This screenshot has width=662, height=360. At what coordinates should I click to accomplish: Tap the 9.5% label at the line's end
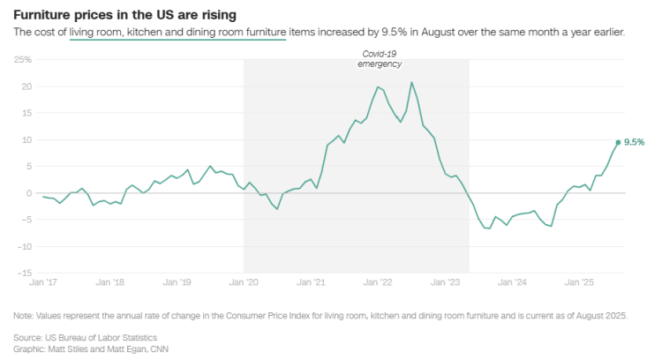pyautogui.click(x=634, y=142)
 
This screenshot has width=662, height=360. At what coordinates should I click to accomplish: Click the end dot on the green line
pyautogui.click(x=618, y=142)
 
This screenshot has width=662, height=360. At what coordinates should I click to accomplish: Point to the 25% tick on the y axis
pyautogui.click(x=23, y=60)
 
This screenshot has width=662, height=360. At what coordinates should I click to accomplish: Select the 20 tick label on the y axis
pyautogui.click(x=26, y=86)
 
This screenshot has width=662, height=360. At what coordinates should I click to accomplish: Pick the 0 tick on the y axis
pyautogui.click(x=28, y=193)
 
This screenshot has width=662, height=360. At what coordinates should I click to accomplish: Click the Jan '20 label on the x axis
pyautogui.click(x=244, y=283)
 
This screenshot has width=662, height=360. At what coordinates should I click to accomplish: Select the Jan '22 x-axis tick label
pyautogui.click(x=379, y=283)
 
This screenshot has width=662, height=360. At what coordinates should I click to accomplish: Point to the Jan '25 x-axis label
pyautogui.click(x=580, y=283)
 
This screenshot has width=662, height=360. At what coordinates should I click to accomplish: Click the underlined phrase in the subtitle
pyautogui.click(x=177, y=32)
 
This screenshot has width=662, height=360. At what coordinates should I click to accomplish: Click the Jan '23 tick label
pyautogui.click(x=446, y=283)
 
